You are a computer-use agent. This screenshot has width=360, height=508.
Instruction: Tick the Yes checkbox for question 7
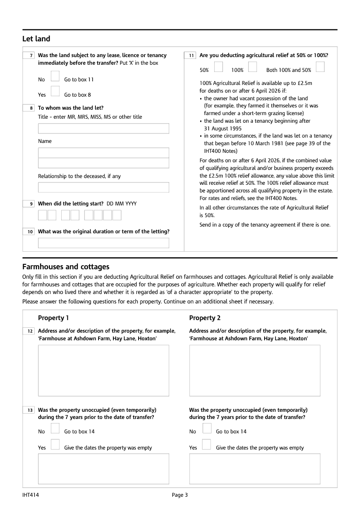[55, 91]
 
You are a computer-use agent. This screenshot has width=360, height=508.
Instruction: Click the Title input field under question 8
[103, 129]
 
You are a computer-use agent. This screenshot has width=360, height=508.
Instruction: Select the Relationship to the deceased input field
[103, 187]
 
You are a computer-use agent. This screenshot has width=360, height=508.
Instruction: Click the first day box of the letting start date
[42, 215]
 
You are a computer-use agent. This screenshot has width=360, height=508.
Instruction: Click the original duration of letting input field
[103, 243]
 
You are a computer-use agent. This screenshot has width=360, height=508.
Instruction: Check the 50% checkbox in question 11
[218, 67]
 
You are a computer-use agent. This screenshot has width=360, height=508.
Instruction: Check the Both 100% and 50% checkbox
[320, 67]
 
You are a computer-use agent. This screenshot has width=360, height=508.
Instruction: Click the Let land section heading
[36, 39]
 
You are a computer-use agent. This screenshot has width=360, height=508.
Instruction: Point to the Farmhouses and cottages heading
[66, 267]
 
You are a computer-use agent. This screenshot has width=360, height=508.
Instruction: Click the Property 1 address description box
[103, 370]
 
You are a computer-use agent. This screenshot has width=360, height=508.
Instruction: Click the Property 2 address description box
[255, 370]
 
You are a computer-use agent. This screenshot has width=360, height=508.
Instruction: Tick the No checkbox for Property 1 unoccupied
[55, 428]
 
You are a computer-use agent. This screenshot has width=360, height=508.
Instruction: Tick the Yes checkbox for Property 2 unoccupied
[207, 444]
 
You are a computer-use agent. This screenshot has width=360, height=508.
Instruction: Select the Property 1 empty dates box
[103, 468]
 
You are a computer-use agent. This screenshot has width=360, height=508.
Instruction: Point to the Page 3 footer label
[180, 495]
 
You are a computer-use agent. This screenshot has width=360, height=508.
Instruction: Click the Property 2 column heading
[205, 318]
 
